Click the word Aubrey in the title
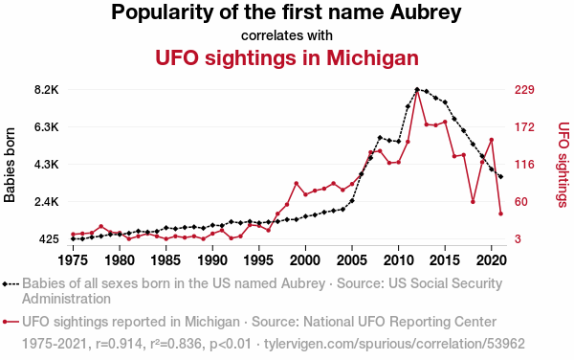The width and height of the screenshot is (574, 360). tap(426, 12)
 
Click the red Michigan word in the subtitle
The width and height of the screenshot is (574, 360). tap(372, 57)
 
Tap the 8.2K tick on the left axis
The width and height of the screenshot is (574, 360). tap(47, 90)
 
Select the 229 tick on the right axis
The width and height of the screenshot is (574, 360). tap(524, 90)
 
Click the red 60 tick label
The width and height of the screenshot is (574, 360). tap(521, 202)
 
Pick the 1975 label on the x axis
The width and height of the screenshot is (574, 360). tap(74, 260)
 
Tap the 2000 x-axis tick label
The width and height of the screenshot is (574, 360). tap(305, 260)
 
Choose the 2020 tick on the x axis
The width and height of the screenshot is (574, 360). tap(492, 260)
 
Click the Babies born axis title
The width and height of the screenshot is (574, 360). tap(10, 165)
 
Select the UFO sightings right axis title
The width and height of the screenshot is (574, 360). tap(563, 165)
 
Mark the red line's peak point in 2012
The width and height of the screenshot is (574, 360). tap(417, 90)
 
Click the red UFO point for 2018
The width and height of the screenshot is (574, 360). tap(473, 202)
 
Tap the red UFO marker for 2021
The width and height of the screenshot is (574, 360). tap(500, 214)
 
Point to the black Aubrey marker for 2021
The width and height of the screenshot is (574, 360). tap(500, 176)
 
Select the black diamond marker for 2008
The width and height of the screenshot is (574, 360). tap(380, 138)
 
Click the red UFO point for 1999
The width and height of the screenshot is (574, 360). tap(297, 184)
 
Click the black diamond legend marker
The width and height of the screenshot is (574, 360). tap(5, 284)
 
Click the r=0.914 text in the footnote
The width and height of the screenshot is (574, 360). tap(119, 344)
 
